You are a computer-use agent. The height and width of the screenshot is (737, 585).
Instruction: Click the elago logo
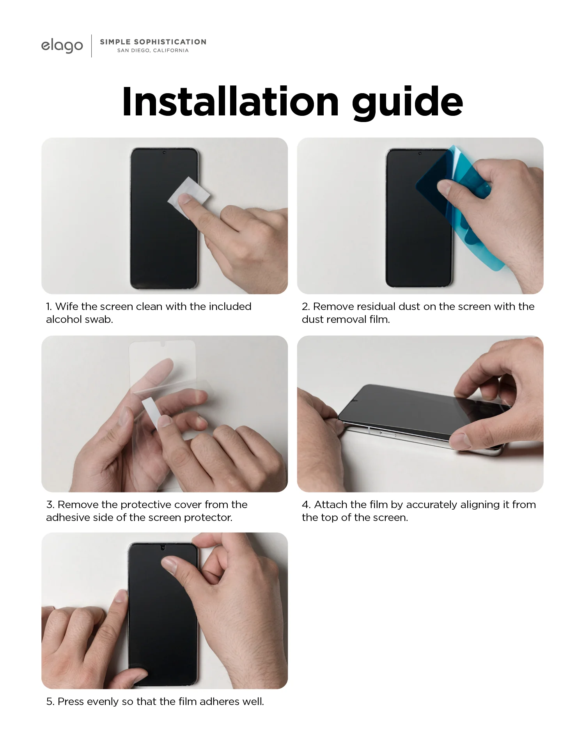click(62, 45)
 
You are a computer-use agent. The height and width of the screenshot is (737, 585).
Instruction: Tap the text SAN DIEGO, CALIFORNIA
click(153, 51)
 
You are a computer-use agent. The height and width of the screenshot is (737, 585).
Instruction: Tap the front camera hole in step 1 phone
click(164, 152)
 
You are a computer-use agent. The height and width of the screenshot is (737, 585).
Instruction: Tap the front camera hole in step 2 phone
click(420, 153)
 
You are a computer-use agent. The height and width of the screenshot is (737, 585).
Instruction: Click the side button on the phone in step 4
click(388, 434)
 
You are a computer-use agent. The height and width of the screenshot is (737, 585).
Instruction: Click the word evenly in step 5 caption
click(103, 702)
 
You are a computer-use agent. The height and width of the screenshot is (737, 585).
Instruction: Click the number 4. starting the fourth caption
click(306, 505)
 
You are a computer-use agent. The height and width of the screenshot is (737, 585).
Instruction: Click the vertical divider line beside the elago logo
click(92, 46)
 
